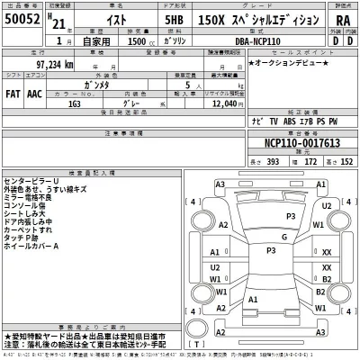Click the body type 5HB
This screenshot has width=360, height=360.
[174, 22]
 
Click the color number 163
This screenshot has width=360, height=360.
[76, 103]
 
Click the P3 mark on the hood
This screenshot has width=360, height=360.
[291, 217]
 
